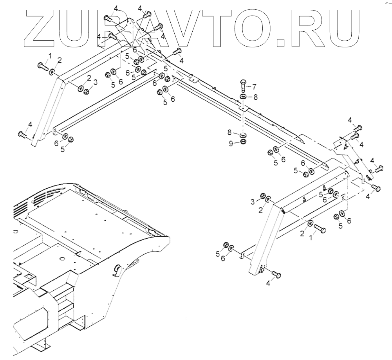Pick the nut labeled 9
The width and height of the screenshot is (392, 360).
[243, 142]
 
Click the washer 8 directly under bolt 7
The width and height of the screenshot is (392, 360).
[243, 97]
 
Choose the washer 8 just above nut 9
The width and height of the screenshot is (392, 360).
[243, 135]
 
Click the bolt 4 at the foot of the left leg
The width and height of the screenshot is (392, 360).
[22, 134]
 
